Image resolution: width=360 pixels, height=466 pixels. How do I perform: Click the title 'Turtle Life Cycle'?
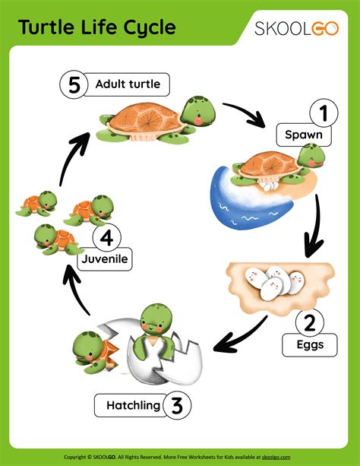(96, 28)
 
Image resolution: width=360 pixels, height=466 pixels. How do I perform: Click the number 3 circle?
(175, 404)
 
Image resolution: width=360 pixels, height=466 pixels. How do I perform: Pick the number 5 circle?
(74, 84)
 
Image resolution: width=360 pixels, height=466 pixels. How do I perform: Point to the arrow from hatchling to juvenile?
(81, 293)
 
